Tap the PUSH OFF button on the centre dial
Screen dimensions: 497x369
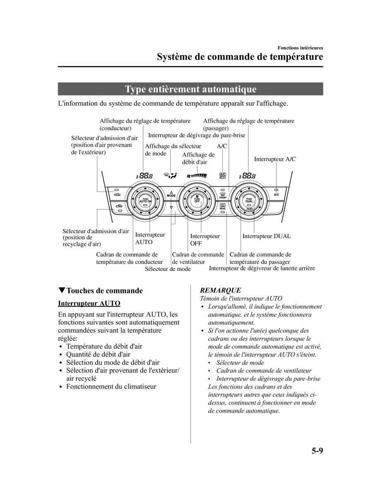tap(197, 200)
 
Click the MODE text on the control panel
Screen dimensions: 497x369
tap(171, 195)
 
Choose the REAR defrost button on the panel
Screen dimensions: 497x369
tap(222, 206)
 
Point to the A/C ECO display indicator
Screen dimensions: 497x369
tap(222, 176)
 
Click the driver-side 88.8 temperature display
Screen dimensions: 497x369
tap(145, 176)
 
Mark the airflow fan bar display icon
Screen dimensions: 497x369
tap(197, 175)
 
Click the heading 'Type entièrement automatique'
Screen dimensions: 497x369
tap(191, 89)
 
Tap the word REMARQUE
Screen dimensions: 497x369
tap(220, 290)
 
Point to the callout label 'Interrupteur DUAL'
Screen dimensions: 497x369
tap(266, 236)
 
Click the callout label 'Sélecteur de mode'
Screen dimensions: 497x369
tap(168, 269)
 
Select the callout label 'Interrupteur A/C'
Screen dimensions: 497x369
tap(275, 159)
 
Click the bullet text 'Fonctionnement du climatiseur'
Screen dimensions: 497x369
tap(111, 386)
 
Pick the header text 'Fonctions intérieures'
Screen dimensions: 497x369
tap(300, 48)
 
